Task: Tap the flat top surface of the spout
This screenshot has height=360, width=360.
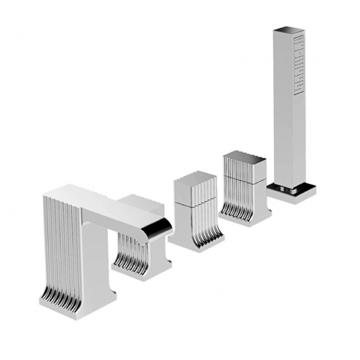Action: click(x=104, y=198)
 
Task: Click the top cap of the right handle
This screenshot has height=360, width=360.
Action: click(x=244, y=157)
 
